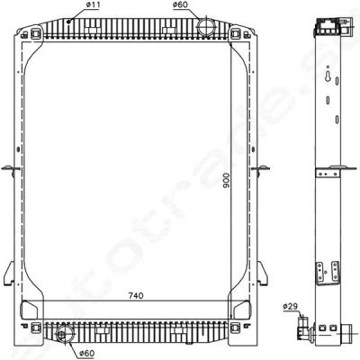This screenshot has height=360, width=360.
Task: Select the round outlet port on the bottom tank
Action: click(63, 337)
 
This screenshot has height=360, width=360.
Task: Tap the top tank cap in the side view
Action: click(325, 27)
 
